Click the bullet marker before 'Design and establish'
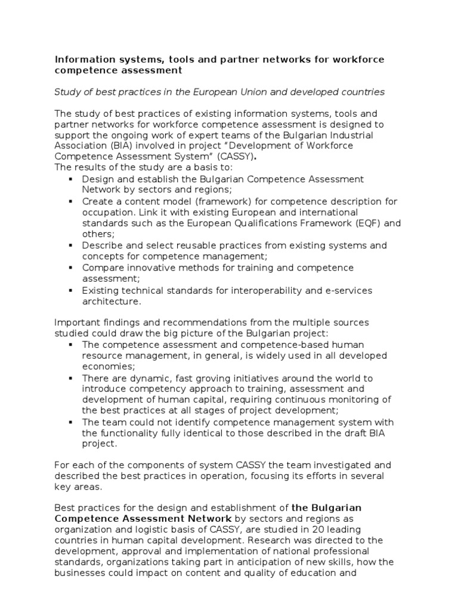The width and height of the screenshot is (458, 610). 70,179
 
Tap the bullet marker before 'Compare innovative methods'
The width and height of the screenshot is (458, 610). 70,268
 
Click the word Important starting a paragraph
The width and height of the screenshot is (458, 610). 76,323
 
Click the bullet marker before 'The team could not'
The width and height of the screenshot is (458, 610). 70,422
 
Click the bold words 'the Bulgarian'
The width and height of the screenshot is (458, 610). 326,508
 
